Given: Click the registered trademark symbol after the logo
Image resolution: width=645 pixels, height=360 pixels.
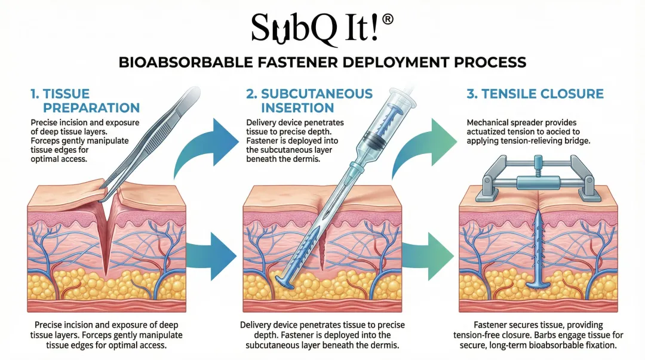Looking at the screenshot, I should (x=387, y=19).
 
